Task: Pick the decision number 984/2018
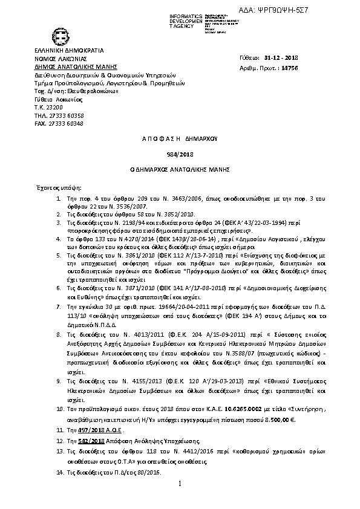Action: [x=179, y=154]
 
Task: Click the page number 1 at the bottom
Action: [x=180, y=484]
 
